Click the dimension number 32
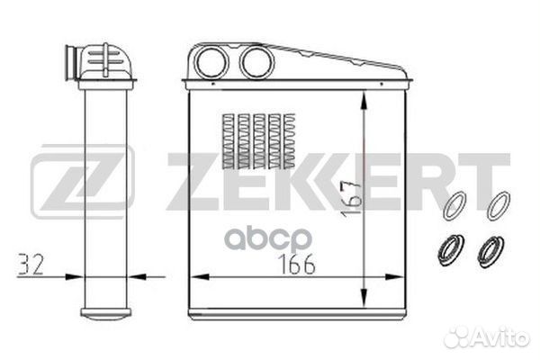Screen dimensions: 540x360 (31, 265)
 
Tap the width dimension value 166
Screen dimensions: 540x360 (296, 265)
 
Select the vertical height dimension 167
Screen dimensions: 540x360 (351, 199)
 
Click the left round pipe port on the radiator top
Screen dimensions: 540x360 (211, 62)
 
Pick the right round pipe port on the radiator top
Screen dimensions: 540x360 (256, 62)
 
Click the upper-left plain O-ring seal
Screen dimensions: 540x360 (454, 206)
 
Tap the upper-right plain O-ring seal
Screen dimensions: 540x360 (499, 206)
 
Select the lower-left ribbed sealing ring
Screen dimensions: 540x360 (451, 250)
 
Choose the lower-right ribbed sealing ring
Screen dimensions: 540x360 (490, 252)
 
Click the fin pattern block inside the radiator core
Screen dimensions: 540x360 (259, 141)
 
